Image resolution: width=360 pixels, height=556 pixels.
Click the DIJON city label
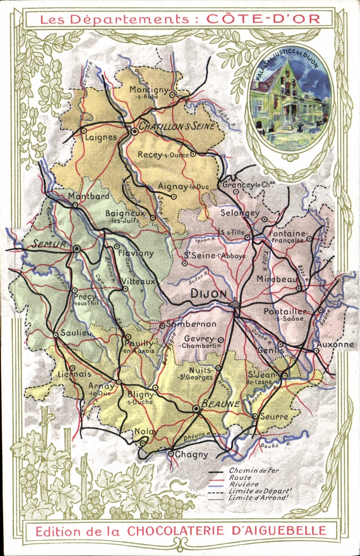(209, 294)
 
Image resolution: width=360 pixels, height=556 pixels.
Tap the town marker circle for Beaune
(196, 409)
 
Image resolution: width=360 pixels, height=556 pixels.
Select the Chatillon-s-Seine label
(177, 126)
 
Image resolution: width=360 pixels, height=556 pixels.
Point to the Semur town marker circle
(77, 249)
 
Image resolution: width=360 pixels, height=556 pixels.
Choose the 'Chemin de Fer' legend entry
(254, 470)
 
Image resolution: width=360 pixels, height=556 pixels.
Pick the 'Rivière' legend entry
(244, 484)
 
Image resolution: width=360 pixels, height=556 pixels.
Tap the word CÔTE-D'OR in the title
(263, 19)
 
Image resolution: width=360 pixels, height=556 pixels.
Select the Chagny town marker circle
(171, 454)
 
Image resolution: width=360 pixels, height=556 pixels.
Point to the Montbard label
(88, 196)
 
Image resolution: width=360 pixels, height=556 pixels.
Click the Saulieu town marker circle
(56, 335)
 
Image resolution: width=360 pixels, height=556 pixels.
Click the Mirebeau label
(277, 279)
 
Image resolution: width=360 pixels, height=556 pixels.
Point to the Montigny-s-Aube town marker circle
(172, 95)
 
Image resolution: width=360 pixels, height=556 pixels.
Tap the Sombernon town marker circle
(162, 325)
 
